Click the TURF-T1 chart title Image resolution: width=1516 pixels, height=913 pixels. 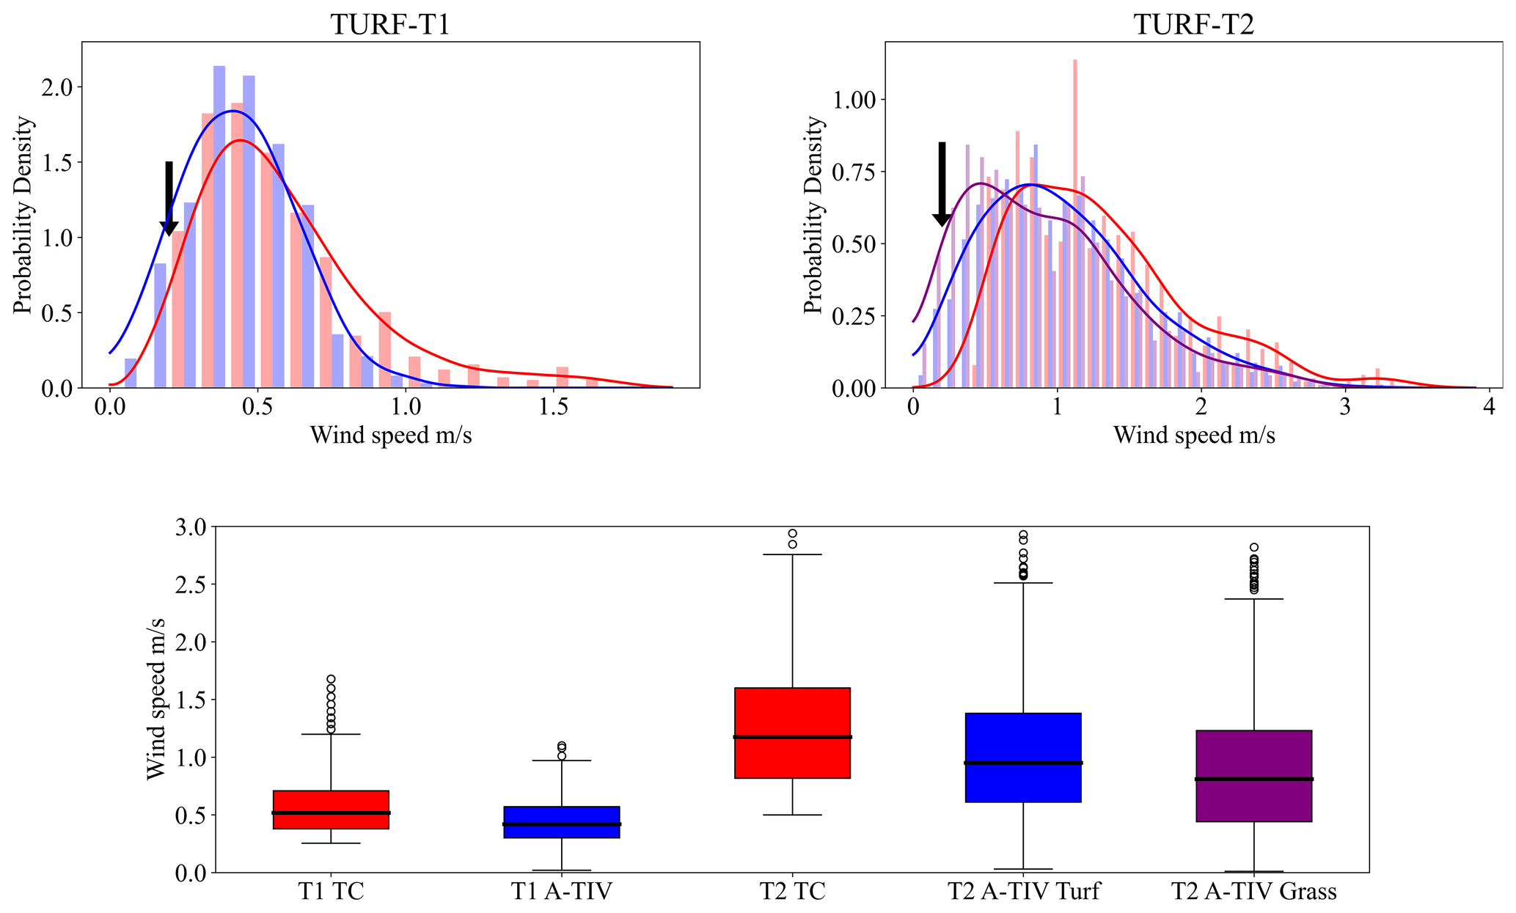click(x=390, y=25)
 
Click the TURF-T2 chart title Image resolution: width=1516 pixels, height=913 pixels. click(x=1193, y=25)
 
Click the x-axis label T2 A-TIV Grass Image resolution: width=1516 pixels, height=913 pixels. click(x=1253, y=891)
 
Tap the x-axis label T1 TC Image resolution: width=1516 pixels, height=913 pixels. click(x=331, y=891)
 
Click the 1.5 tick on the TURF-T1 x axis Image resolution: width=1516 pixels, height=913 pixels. click(x=554, y=408)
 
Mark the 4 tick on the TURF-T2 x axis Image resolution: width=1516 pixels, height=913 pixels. click(x=1488, y=408)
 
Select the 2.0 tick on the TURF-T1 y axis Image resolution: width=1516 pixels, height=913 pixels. click(x=56, y=87)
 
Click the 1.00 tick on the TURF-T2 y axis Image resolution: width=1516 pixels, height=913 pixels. click(x=857, y=100)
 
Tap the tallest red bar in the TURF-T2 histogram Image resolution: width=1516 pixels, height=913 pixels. click(x=1074, y=220)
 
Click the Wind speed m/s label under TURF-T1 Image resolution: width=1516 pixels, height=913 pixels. click(x=390, y=436)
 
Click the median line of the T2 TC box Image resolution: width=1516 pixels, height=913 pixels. click(x=792, y=737)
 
